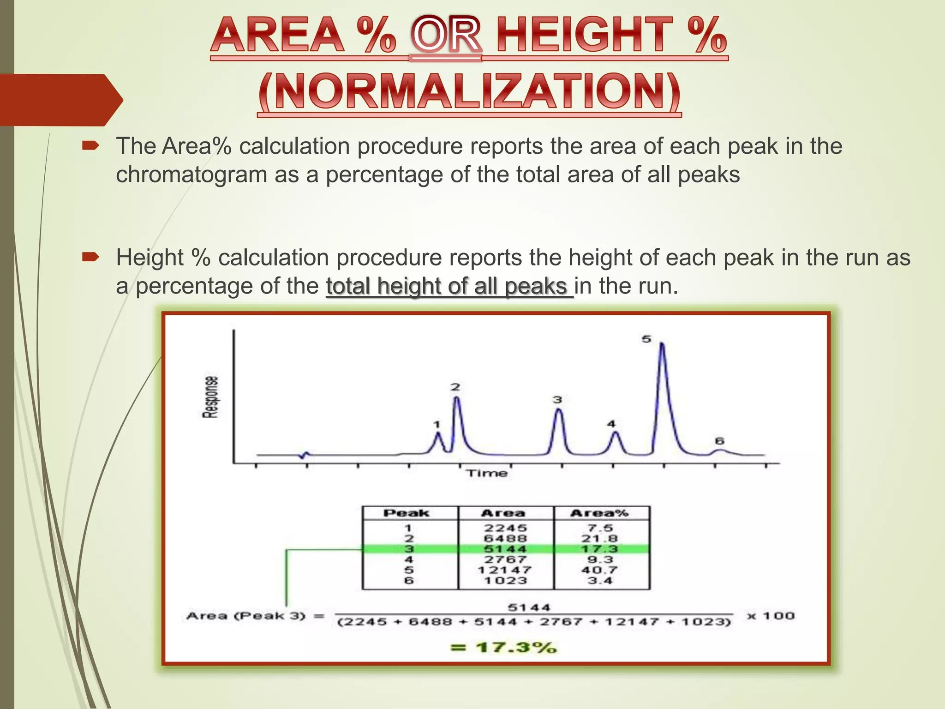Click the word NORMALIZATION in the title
tap(469, 92)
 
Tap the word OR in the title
tap(446, 36)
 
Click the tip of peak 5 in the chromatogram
tap(662, 344)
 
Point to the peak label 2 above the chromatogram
tap(455, 387)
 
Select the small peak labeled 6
tap(720, 450)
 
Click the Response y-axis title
tap(210, 397)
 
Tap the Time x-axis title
tap(487, 474)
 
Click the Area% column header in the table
tap(599, 513)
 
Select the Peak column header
tap(407, 513)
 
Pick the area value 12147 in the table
tap(505, 570)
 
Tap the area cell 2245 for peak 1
tap(505, 528)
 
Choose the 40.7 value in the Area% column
tap(599, 570)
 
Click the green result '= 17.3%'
tap(504, 647)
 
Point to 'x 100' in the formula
tap(771, 616)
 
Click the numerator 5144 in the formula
tap(529, 607)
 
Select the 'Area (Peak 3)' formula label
tap(246, 616)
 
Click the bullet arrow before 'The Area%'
tap(90, 146)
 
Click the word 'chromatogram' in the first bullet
tap(191, 175)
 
